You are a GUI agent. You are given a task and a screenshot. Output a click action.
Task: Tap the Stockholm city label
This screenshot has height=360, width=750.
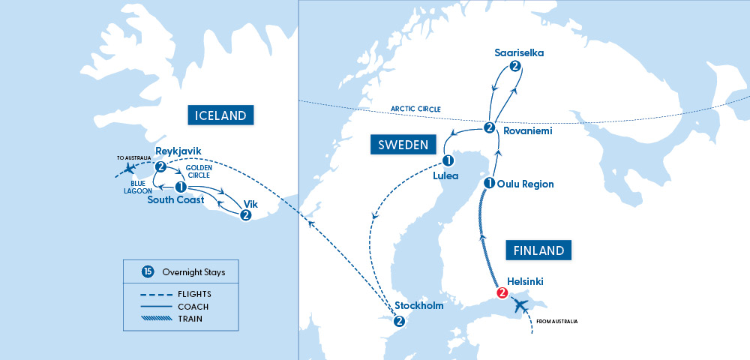point(418,306)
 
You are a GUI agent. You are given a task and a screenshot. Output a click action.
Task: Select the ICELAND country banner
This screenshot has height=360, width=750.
point(220,115)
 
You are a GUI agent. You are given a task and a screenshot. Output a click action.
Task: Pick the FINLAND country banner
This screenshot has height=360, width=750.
point(538,250)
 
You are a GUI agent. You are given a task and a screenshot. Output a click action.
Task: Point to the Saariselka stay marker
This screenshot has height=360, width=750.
point(514,67)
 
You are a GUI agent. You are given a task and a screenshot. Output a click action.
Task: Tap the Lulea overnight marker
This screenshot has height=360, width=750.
point(448,160)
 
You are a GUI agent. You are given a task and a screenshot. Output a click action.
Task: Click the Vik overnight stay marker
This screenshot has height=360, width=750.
point(245,215)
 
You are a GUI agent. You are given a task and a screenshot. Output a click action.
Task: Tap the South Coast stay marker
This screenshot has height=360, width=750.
point(180,187)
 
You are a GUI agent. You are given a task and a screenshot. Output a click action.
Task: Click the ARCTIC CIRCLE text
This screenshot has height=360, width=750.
point(415,109)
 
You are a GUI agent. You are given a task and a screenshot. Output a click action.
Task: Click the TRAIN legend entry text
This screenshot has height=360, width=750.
point(191,319)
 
